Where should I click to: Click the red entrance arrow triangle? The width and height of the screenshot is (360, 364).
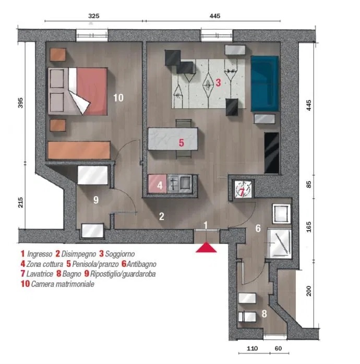tap(206, 248)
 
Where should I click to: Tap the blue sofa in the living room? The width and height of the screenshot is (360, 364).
tap(265, 83)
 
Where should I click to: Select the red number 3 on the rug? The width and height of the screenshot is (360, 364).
tap(218, 82)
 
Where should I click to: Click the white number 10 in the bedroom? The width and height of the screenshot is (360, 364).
tap(118, 98)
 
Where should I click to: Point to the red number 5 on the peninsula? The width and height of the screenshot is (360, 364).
tap(182, 142)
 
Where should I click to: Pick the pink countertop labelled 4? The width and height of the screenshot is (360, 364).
tap(158, 184)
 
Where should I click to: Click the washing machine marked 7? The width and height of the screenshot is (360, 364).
tap(243, 189)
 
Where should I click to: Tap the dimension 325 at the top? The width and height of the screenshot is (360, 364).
tap(94, 16)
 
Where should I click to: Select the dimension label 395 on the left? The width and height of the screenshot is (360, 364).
tap(21, 103)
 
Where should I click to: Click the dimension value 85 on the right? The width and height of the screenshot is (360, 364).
tap(308, 185)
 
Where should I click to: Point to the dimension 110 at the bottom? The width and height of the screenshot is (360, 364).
tap(252, 348)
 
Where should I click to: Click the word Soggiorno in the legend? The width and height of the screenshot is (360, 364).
tap(120, 254)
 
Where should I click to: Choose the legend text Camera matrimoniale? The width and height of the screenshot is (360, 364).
tap(63, 284)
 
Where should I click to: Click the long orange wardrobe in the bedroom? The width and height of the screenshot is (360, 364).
tap(79, 150)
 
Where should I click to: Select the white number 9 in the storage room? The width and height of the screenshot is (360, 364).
tap(96, 200)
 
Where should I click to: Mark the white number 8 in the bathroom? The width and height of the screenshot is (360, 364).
tap(265, 313)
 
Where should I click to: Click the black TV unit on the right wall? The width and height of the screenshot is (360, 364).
tap(272, 153)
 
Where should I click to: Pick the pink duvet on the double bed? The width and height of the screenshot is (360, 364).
tap(92, 91)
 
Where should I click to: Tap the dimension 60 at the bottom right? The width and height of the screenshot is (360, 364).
tap(278, 348)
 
